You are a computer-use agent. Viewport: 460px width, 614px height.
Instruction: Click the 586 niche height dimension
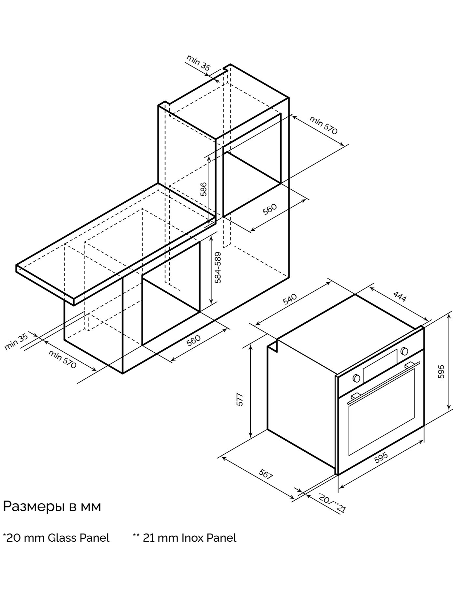tap(203, 189)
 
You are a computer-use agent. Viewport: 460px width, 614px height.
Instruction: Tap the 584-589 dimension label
tap(218, 268)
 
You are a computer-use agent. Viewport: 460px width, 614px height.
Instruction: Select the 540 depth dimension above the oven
tap(290, 299)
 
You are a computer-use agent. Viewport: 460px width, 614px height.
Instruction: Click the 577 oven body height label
tap(240, 399)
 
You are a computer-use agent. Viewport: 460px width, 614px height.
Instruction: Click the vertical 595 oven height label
tap(441, 371)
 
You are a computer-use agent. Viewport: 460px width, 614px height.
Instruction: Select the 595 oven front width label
tap(381, 457)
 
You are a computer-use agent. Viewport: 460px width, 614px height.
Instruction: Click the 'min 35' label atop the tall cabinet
tap(199, 63)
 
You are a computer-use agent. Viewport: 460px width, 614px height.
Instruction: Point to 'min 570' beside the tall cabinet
tap(323, 125)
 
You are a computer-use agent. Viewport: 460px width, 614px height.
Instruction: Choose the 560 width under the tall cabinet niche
tap(270, 209)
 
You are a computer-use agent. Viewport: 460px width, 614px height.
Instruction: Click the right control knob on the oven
tap(404, 351)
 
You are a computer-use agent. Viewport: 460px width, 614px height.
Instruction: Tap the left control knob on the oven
tap(356, 378)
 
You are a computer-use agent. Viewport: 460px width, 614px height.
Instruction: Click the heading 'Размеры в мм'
tap(52, 506)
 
